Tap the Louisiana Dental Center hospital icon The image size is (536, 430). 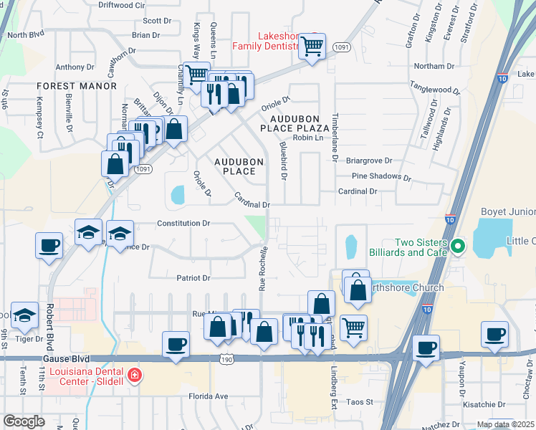(x=133, y=376)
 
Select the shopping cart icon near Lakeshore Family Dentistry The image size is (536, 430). (x=312, y=47)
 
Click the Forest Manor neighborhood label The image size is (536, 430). (x=78, y=86)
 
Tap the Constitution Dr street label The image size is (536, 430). (x=183, y=224)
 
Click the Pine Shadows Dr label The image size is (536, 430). (x=381, y=177)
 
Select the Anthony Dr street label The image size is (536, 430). (x=70, y=67)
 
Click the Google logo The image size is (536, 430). (x=24, y=421)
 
